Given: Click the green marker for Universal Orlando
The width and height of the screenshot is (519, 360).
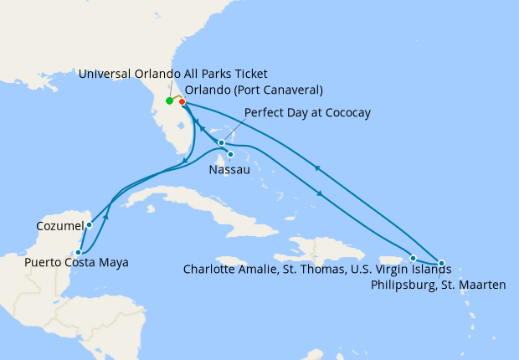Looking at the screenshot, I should click(x=169, y=101).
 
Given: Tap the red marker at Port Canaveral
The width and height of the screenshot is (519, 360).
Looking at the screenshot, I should click(x=182, y=102).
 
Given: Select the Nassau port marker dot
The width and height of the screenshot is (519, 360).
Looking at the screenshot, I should click(x=229, y=154).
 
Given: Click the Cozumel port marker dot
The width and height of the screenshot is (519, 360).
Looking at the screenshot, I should click(x=89, y=225).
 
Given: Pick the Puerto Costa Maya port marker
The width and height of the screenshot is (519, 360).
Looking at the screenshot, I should click(x=78, y=251).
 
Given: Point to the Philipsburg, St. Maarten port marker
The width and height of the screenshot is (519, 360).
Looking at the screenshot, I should click(x=441, y=263).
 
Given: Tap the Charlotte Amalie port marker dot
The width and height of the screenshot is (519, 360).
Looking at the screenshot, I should click(x=414, y=258).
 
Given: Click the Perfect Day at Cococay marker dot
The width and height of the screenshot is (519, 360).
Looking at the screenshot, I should click(x=221, y=142).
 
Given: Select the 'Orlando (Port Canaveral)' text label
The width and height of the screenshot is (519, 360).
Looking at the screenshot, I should click(x=254, y=90).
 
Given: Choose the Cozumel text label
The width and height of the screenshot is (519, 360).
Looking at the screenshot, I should click(x=59, y=226).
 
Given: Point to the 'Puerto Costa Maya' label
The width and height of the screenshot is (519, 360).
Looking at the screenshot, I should click(x=76, y=263).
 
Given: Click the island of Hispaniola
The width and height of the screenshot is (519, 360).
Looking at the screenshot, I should click(x=326, y=247).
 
